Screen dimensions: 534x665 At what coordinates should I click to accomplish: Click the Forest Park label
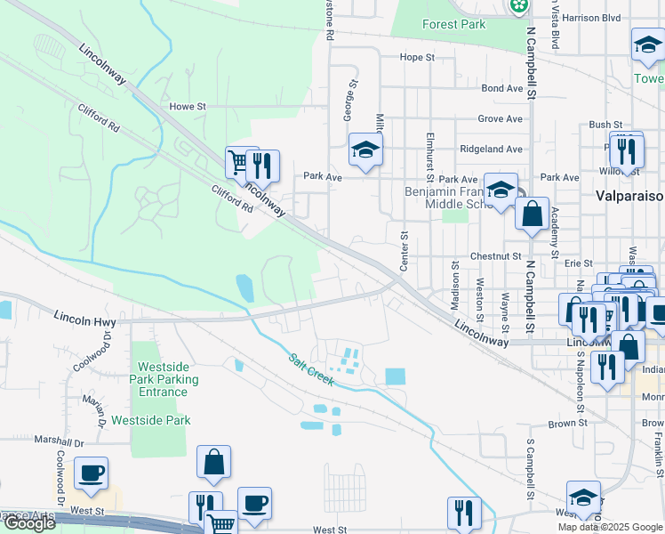[454, 24]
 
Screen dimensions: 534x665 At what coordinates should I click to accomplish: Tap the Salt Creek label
[310, 370]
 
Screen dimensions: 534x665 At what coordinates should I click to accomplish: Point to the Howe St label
[187, 106]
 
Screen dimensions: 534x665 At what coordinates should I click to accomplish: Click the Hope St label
[417, 57]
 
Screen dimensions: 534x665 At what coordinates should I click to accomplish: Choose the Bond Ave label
[501, 88]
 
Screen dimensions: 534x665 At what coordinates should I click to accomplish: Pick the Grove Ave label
[501, 118]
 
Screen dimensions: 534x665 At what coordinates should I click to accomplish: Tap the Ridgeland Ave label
[491, 149]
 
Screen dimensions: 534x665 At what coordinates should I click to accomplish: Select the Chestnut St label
[496, 255]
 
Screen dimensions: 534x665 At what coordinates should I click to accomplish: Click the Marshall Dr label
[59, 441]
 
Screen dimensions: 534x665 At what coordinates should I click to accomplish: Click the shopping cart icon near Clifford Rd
[238, 163]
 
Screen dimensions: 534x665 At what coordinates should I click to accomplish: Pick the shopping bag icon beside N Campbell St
[532, 214]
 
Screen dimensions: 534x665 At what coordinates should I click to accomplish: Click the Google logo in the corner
[29, 524]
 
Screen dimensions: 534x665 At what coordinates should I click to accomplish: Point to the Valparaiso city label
[629, 196]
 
